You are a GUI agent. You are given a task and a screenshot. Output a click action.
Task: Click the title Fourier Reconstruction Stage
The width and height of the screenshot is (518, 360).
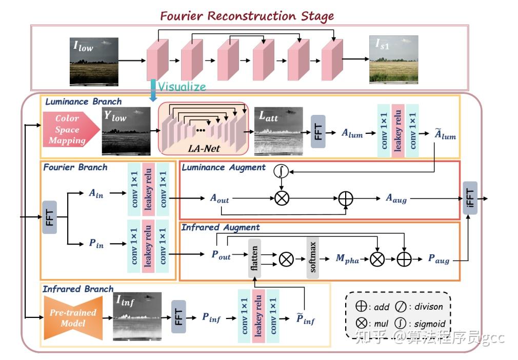pyautogui.click(x=247, y=15)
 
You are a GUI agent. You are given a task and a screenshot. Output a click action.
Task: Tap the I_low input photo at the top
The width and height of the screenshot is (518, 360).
pyautogui.click(x=94, y=61)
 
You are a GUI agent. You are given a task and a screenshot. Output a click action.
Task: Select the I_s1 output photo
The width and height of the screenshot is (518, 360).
pyautogui.click(x=393, y=59)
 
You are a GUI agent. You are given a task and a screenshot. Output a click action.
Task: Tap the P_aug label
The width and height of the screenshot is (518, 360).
pyautogui.click(x=439, y=259)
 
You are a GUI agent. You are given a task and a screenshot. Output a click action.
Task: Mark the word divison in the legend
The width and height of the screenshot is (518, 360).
pyautogui.click(x=428, y=307)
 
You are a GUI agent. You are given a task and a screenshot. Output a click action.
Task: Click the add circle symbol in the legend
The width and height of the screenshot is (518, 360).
pyautogui.click(x=362, y=307)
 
